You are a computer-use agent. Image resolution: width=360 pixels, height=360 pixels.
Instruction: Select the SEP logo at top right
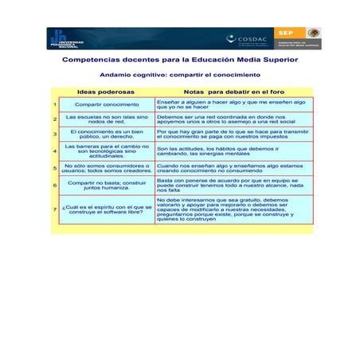point(286,32)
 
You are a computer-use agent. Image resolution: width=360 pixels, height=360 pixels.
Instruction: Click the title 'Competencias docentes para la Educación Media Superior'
point(180,60)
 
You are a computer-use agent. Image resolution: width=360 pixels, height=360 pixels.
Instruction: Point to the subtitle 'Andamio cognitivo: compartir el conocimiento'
point(179,75)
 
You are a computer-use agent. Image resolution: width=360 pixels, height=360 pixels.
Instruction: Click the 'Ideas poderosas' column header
point(106,92)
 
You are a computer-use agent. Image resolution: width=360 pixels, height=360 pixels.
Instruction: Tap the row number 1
point(53,104)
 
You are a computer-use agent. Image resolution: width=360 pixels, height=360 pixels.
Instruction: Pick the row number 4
point(53,150)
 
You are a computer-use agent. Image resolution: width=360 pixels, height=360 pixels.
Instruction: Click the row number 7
point(53,209)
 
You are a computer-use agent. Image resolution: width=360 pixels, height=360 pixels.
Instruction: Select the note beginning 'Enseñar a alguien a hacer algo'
point(231,104)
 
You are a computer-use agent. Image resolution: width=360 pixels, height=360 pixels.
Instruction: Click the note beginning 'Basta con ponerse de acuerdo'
point(231,185)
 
